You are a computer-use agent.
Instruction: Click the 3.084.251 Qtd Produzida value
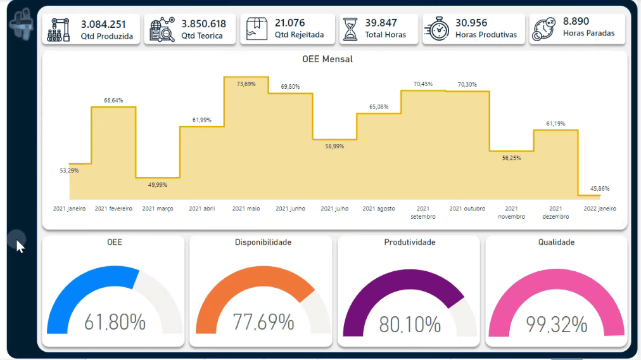coord(103,24)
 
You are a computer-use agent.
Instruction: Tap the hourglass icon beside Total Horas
coord(350,29)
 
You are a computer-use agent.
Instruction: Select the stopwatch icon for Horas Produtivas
coord(437,29)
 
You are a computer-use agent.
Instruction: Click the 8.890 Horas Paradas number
coord(576,22)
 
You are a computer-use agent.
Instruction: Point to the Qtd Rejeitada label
coord(299,35)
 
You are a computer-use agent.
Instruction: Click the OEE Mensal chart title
coord(327,59)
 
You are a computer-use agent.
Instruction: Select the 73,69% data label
coord(246,84)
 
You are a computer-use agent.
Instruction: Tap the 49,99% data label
coord(157,185)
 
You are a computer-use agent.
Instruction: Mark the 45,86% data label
coord(600,189)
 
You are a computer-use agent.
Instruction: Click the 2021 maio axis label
coord(246,209)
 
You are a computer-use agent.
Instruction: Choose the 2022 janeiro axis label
coord(600,209)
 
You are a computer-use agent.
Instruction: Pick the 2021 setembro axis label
coord(423,213)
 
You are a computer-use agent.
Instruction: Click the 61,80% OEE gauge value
coord(115,323)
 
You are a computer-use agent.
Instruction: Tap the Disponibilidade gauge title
coord(263,242)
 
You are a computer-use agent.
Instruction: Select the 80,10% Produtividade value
coord(410,325)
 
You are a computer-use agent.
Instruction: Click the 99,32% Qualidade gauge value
coord(556,325)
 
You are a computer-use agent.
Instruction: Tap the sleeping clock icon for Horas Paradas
coord(543,29)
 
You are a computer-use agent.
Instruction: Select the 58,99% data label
coord(334,146)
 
